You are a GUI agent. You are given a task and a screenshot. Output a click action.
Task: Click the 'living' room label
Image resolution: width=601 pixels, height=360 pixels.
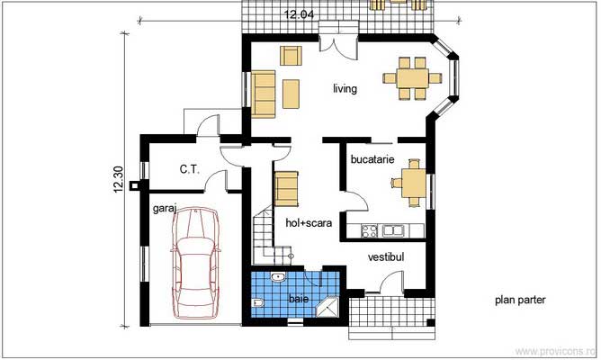coord(345,89)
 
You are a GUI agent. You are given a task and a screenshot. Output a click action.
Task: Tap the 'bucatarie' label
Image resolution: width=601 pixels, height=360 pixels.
coord(372,159)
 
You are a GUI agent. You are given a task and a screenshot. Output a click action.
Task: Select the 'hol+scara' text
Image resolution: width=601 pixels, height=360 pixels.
coord(309,223)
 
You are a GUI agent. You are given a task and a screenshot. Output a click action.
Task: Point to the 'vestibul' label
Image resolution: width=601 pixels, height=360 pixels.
coord(386,256)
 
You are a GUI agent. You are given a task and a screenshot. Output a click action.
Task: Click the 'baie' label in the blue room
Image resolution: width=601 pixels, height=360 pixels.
coord(299,299)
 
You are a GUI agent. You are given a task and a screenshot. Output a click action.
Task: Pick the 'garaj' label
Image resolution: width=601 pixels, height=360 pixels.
coord(165,209)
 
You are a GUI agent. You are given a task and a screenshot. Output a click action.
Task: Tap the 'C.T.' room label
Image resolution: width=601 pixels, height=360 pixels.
coord(190,169)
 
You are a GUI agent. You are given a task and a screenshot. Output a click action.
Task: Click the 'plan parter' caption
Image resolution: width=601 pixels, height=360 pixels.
coord(520,300)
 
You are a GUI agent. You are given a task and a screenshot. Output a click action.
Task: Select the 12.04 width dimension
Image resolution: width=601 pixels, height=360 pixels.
coord(299,14)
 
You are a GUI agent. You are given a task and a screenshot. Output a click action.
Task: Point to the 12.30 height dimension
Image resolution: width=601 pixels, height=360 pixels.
coord(118,179)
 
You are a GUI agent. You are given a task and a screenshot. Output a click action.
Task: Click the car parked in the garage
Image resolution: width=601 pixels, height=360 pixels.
coord(195,263)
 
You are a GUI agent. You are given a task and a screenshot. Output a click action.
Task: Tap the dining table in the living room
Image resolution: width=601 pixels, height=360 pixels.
coord(413,78)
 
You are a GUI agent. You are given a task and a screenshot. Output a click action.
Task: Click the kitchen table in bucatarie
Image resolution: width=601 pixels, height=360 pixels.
coord(414,183)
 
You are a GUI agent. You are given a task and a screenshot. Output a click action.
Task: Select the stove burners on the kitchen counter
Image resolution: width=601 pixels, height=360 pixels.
coord(370,230)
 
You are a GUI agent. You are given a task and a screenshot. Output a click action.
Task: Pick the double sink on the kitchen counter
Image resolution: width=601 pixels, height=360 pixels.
coord(393,230)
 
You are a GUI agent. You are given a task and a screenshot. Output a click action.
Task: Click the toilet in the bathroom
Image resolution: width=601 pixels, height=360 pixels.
coord(258,303)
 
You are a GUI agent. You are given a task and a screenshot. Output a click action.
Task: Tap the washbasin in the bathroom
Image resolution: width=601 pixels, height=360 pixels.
coord(277,277)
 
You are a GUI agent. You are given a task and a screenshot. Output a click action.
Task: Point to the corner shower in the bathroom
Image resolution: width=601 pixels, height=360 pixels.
coord(327,306)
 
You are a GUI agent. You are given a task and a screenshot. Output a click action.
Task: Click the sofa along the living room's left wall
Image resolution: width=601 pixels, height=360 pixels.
coord(264,94)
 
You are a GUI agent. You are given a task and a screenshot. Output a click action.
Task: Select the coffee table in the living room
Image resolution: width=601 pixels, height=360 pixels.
coord(291,94)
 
